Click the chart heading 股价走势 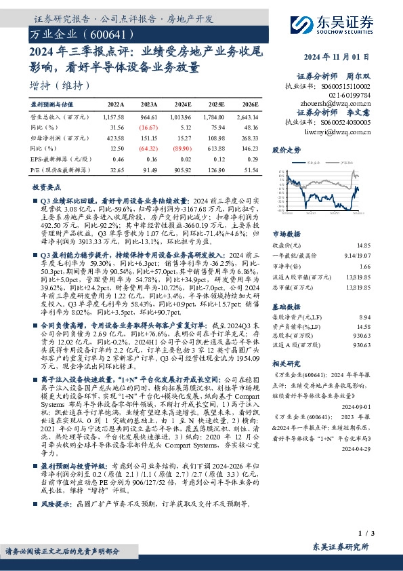285,149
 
